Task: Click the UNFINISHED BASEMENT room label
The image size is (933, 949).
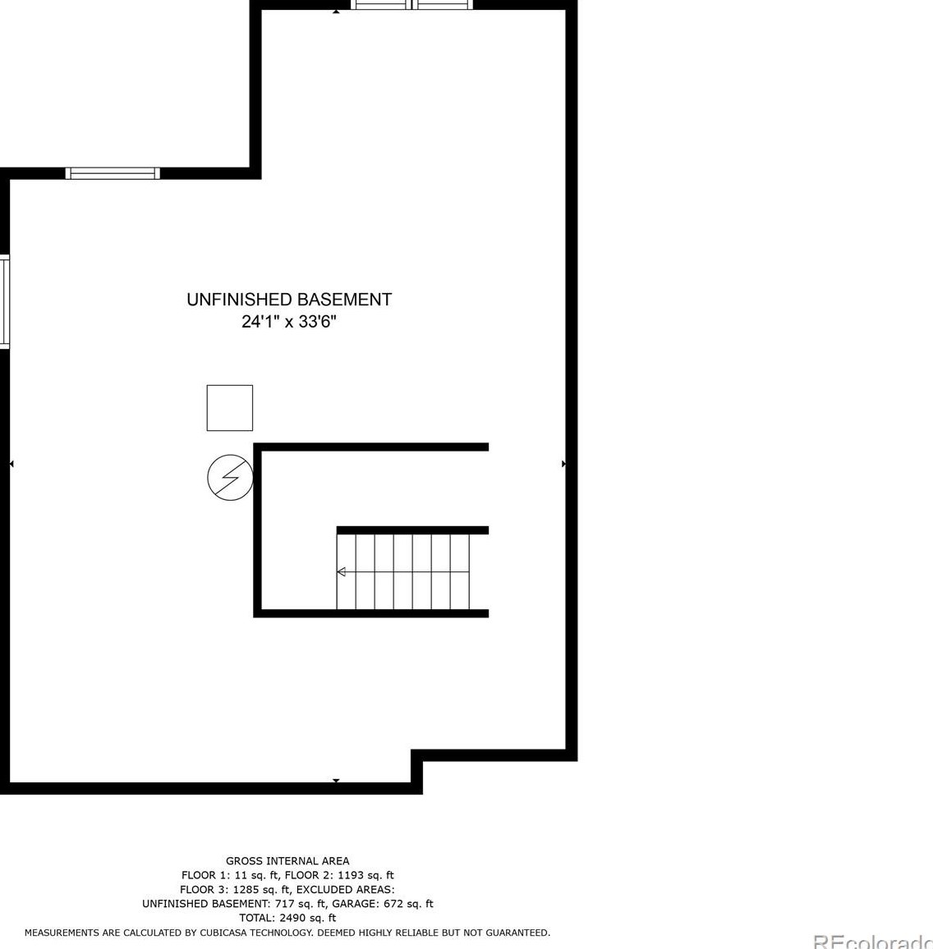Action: tap(289, 300)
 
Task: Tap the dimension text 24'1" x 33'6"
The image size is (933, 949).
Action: tap(289, 322)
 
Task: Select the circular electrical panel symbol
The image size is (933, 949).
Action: tap(230, 477)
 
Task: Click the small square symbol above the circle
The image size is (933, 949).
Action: tap(230, 408)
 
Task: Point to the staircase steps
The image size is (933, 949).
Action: tap(403, 571)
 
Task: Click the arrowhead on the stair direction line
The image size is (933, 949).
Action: tap(341, 571)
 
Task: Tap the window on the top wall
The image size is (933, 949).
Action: tap(412, 5)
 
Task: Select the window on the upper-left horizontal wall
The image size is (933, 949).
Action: tap(113, 173)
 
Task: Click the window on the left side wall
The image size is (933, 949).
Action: tap(4, 301)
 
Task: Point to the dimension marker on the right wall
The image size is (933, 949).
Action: tap(563, 464)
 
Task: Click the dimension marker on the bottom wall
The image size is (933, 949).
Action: tap(336, 780)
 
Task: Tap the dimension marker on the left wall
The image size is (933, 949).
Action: tap(11, 464)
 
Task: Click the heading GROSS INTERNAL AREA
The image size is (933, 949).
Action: tap(287, 861)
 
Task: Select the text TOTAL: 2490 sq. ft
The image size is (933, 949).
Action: tap(287, 918)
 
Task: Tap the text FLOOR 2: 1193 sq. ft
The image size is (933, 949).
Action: tap(339, 875)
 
